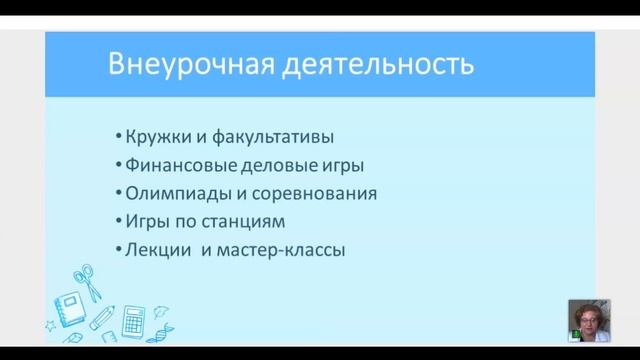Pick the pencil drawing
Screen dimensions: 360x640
(102, 318)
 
